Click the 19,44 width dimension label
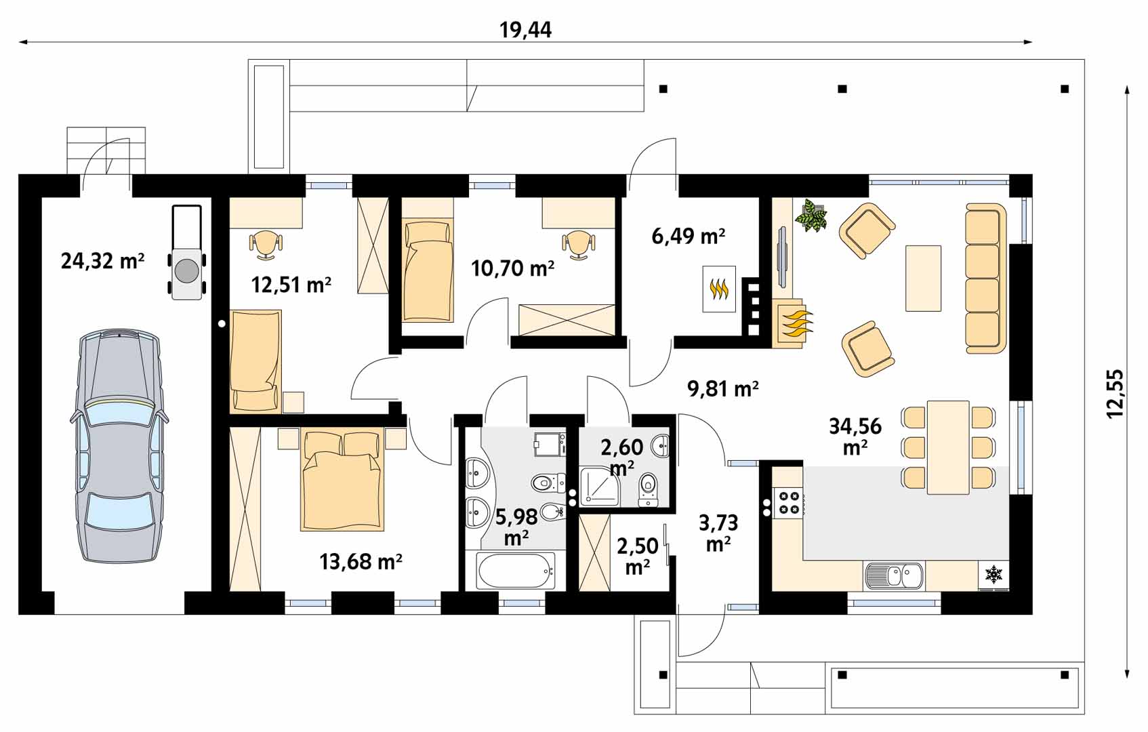click(525, 30)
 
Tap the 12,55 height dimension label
click(1115, 394)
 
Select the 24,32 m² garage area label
click(102, 261)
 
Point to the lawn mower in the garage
click(186, 252)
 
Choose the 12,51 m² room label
click(291, 285)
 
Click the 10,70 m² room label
click(512, 268)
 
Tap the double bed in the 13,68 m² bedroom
click(342, 481)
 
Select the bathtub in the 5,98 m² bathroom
click(516, 571)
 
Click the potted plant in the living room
click(811, 216)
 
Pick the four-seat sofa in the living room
click(985, 279)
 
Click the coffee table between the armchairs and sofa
click(923, 279)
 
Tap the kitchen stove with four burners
click(788, 503)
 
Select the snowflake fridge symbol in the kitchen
click(993, 574)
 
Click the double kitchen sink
click(894, 575)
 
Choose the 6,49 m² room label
click(689, 237)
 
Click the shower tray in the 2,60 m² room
click(600, 485)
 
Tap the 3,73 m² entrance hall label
click(718, 533)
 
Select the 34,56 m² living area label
click(855, 436)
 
